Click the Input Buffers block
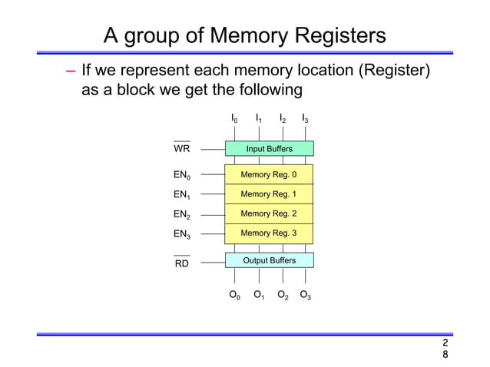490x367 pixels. pyautogui.click(x=269, y=148)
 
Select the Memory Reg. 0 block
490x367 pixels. pyautogui.click(x=269, y=175)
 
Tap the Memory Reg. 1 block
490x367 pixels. pyautogui.click(x=269, y=194)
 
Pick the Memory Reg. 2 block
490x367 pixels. pyautogui.click(x=269, y=213)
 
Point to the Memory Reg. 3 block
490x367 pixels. pyautogui.click(x=269, y=233)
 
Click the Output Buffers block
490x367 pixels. pyautogui.click(x=269, y=260)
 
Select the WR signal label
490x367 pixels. pyautogui.click(x=182, y=148)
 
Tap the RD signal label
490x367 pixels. pyautogui.click(x=182, y=263)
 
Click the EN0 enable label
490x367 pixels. pyautogui.click(x=183, y=176)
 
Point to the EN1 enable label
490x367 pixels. pyautogui.click(x=183, y=195)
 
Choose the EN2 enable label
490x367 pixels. pyautogui.click(x=183, y=214)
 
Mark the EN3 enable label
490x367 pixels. pyautogui.click(x=183, y=233)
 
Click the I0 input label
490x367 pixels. pyautogui.click(x=234, y=119)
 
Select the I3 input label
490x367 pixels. pyautogui.click(x=305, y=119)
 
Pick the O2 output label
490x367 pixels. pyautogui.click(x=282, y=295)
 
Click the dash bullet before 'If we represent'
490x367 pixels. pyautogui.click(x=70, y=72)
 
